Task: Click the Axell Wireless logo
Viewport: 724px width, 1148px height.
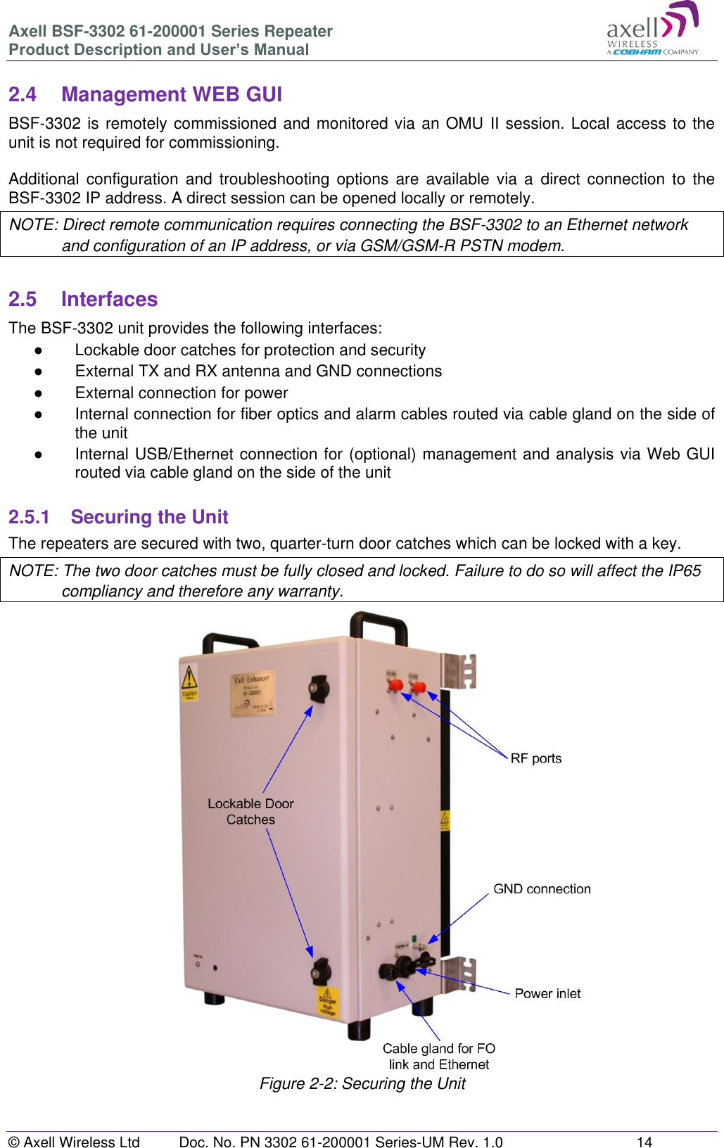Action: tap(652, 30)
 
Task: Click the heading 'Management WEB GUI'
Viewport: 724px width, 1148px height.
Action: tap(171, 94)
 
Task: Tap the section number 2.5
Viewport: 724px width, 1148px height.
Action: tap(22, 299)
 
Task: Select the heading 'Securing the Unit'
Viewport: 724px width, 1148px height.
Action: tap(149, 517)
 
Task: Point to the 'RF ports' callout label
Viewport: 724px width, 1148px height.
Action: tap(535, 758)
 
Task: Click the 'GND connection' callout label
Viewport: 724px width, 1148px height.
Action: tap(542, 889)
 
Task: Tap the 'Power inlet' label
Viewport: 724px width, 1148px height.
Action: tap(547, 993)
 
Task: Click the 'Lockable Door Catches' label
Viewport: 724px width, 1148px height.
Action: tap(250, 811)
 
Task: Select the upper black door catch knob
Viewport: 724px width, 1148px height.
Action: tap(319, 687)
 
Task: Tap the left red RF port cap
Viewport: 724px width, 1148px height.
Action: tap(396, 684)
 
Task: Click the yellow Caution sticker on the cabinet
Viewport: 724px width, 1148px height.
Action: tap(189, 684)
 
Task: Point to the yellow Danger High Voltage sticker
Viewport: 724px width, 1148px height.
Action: tap(328, 1001)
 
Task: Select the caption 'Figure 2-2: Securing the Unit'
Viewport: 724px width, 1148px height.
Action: tap(362, 1083)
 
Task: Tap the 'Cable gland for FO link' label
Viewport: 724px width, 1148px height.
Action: tap(438, 1056)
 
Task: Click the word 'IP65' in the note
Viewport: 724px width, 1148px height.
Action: tap(685, 570)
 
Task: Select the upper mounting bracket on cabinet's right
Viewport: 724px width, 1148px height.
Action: tap(459, 670)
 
